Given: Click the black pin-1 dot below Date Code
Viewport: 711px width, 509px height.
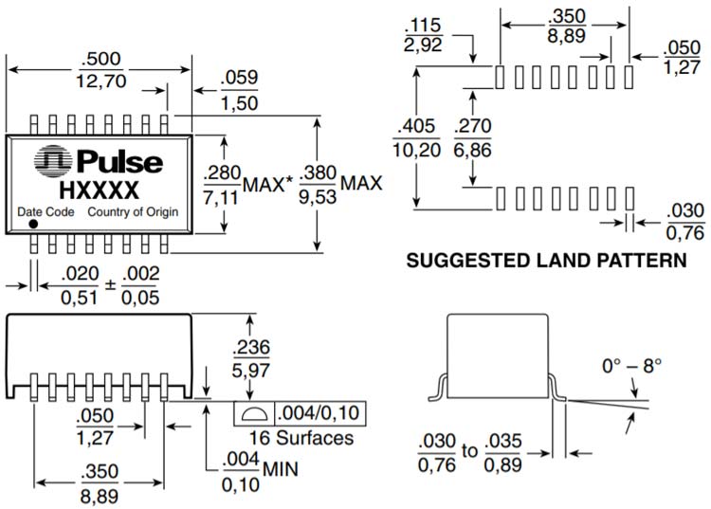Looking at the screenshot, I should coord(33,225).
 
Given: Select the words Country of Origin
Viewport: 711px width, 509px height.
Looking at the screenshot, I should coord(134,212).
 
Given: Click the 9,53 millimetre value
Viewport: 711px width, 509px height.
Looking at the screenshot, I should coord(318,196).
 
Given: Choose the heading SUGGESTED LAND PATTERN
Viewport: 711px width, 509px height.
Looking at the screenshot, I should coord(546,259).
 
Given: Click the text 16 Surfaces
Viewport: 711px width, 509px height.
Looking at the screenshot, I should coord(301,438).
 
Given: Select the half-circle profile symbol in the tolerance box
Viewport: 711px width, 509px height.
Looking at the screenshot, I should coord(253,414).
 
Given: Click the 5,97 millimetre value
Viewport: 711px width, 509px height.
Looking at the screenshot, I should coord(249,367).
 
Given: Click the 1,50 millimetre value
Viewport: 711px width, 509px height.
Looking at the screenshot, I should coord(239,103).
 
